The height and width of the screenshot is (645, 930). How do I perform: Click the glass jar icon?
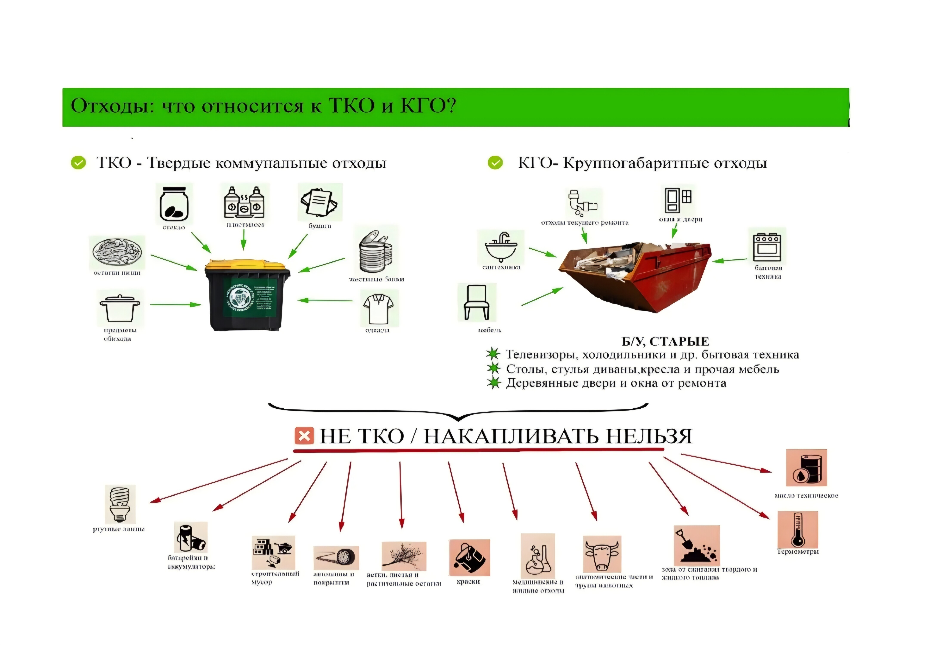174,203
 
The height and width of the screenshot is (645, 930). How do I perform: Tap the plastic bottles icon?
244,202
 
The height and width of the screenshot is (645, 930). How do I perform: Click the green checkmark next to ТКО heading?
78,163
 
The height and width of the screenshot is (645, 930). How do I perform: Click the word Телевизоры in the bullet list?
541,355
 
